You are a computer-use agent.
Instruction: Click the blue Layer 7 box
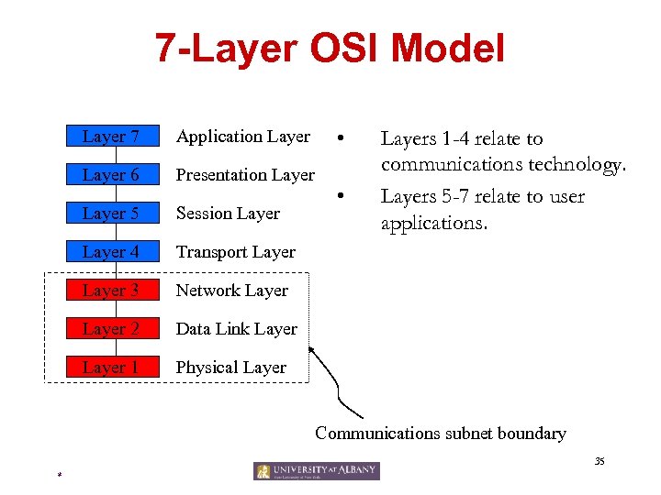(111, 137)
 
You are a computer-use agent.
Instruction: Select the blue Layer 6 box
(111, 175)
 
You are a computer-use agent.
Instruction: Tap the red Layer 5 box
(111, 214)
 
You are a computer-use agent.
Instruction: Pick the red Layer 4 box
(111, 252)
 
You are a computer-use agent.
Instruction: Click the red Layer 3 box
(111, 291)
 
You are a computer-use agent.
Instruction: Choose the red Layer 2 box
(111, 329)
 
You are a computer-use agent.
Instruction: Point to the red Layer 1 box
(111, 368)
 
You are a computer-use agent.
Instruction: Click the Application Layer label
(243, 137)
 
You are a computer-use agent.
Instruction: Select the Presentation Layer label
(245, 175)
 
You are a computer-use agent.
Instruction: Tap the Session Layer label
(228, 214)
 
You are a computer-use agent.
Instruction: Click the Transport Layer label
(236, 252)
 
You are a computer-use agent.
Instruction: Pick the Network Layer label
(232, 291)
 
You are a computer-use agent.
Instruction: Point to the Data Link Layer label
(237, 329)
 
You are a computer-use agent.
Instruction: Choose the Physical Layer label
(231, 368)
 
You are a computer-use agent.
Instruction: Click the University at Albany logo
(317, 471)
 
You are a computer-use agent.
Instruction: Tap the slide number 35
(599, 461)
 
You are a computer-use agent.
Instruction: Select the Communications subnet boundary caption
(441, 434)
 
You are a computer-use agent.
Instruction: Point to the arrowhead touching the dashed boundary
(312, 349)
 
